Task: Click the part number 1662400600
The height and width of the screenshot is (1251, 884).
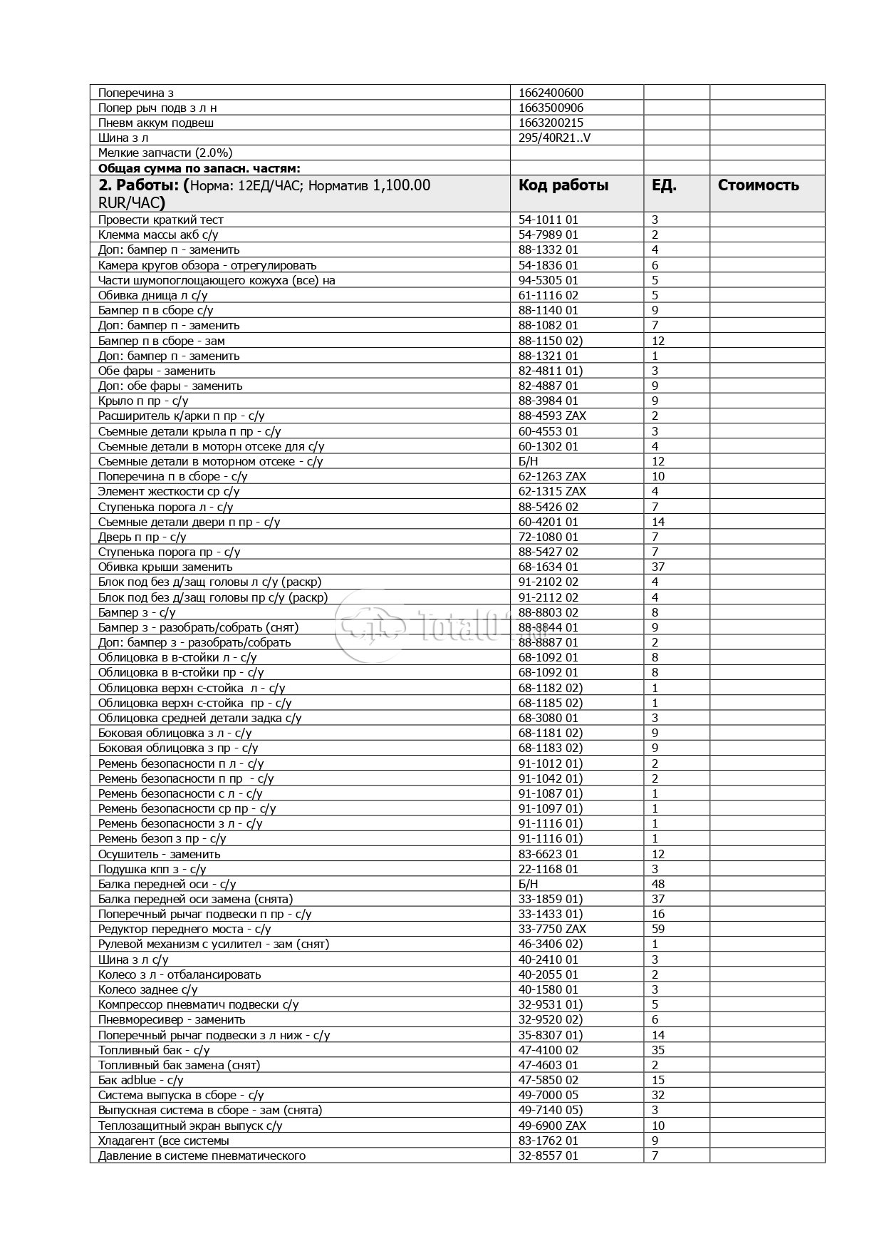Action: [551, 93]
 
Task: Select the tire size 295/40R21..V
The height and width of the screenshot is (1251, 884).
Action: [554, 138]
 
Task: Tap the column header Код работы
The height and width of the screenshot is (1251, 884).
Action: [563, 185]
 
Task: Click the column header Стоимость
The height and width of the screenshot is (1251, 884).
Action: [758, 185]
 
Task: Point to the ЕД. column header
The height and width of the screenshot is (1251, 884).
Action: [664, 185]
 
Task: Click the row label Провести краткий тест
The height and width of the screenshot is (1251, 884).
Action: [160, 220]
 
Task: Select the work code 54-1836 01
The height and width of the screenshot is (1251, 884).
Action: [548, 265]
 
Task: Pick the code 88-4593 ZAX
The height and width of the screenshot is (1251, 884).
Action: [552, 416]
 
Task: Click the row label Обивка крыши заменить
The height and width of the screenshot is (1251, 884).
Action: [165, 567]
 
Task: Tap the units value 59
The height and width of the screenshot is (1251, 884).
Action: [657, 929]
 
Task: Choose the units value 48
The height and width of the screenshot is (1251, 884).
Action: [657, 884]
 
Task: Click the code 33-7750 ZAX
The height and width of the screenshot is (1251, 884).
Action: [552, 929]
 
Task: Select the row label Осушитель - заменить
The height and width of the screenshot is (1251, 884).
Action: [159, 854]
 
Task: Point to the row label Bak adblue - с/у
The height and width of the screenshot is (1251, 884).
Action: [140, 1080]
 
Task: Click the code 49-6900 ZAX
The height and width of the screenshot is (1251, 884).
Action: [552, 1126]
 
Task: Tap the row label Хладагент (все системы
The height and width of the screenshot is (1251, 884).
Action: [163, 1141]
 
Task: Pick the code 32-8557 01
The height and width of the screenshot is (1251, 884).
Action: [548, 1155]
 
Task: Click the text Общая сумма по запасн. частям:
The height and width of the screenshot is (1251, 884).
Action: [199, 168]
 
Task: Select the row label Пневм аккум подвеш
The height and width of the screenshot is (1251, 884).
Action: [156, 123]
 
